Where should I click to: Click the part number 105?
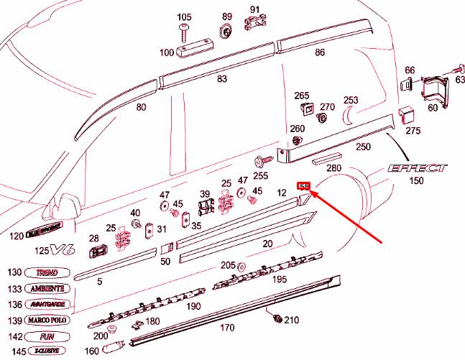tap(184, 17)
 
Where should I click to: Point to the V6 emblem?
tap(65, 250)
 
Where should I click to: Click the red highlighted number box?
tap(304, 185)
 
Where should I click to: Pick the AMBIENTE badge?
tap(49, 288)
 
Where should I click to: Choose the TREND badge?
tap(49, 273)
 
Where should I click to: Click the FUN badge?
tap(49, 335)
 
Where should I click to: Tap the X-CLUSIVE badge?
tap(49, 351)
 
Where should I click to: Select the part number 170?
tap(227, 328)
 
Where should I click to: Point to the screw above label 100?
tap(184, 32)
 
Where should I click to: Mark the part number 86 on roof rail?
tap(320, 52)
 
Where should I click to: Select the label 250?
tap(364, 147)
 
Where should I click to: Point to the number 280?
tap(333, 168)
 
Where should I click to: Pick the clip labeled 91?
tap(252, 23)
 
